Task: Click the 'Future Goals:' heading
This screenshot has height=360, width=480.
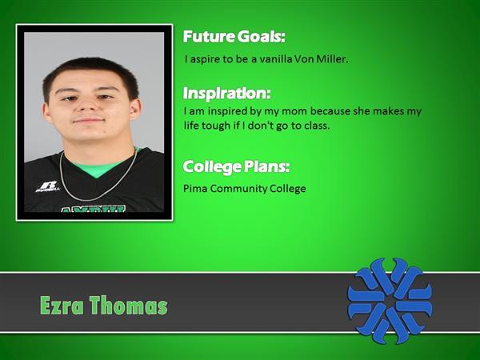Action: click(234, 37)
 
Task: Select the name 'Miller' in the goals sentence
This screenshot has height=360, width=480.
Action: click(332, 58)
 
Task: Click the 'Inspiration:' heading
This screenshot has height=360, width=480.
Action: click(227, 93)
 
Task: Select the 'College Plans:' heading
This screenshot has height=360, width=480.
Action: click(236, 167)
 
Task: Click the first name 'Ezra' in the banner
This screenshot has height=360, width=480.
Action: click(62, 306)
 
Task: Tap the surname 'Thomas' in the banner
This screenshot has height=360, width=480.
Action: click(129, 306)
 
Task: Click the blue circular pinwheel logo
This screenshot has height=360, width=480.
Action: click(390, 301)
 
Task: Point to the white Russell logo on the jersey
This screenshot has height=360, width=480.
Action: click(48, 186)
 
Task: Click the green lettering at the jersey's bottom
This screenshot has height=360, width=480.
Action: click(94, 209)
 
